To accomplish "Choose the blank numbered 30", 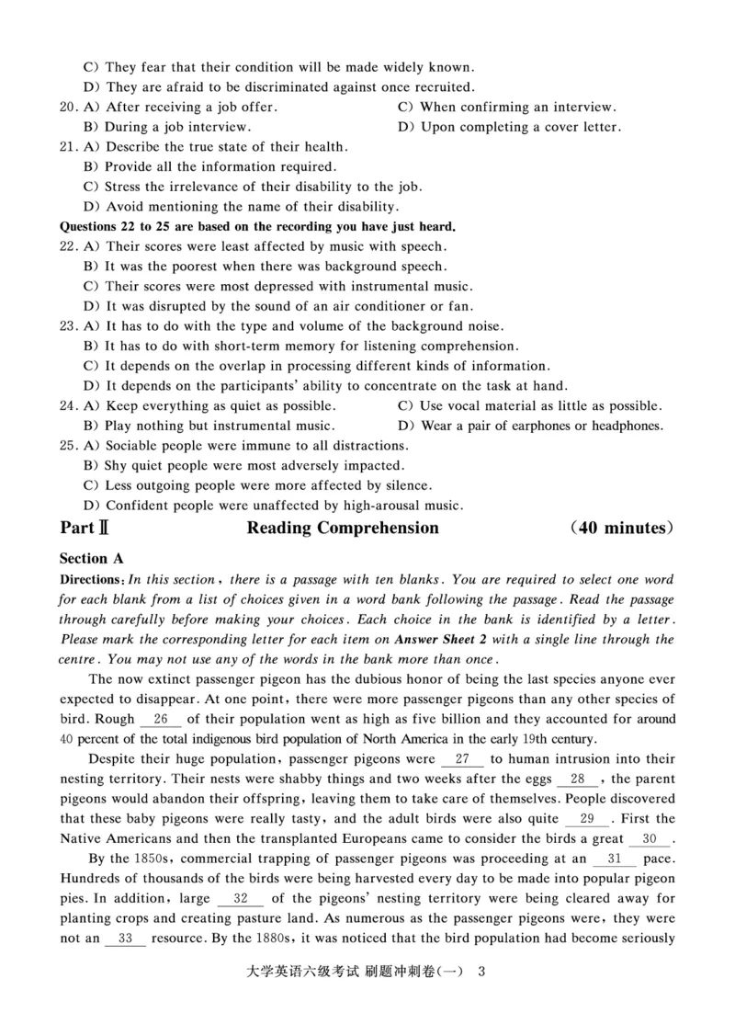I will pyautogui.click(x=650, y=839).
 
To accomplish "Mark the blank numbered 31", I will pyautogui.click(x=616, y=859).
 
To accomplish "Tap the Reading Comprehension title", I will pyautogui.click(x=343, y=529).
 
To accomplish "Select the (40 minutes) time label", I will pyautogui.click(x=620, y=529).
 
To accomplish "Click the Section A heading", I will pyautogui.click(x=91, y=559).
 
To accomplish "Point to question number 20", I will pyautogui.click(x=68, y=107).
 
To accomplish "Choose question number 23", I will pyautogui.click(x=68, y=326).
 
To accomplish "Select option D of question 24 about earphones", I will pyautogui.click(x=531, y=426).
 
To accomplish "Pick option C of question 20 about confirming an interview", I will pyautogui.click(x=507, y=107).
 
